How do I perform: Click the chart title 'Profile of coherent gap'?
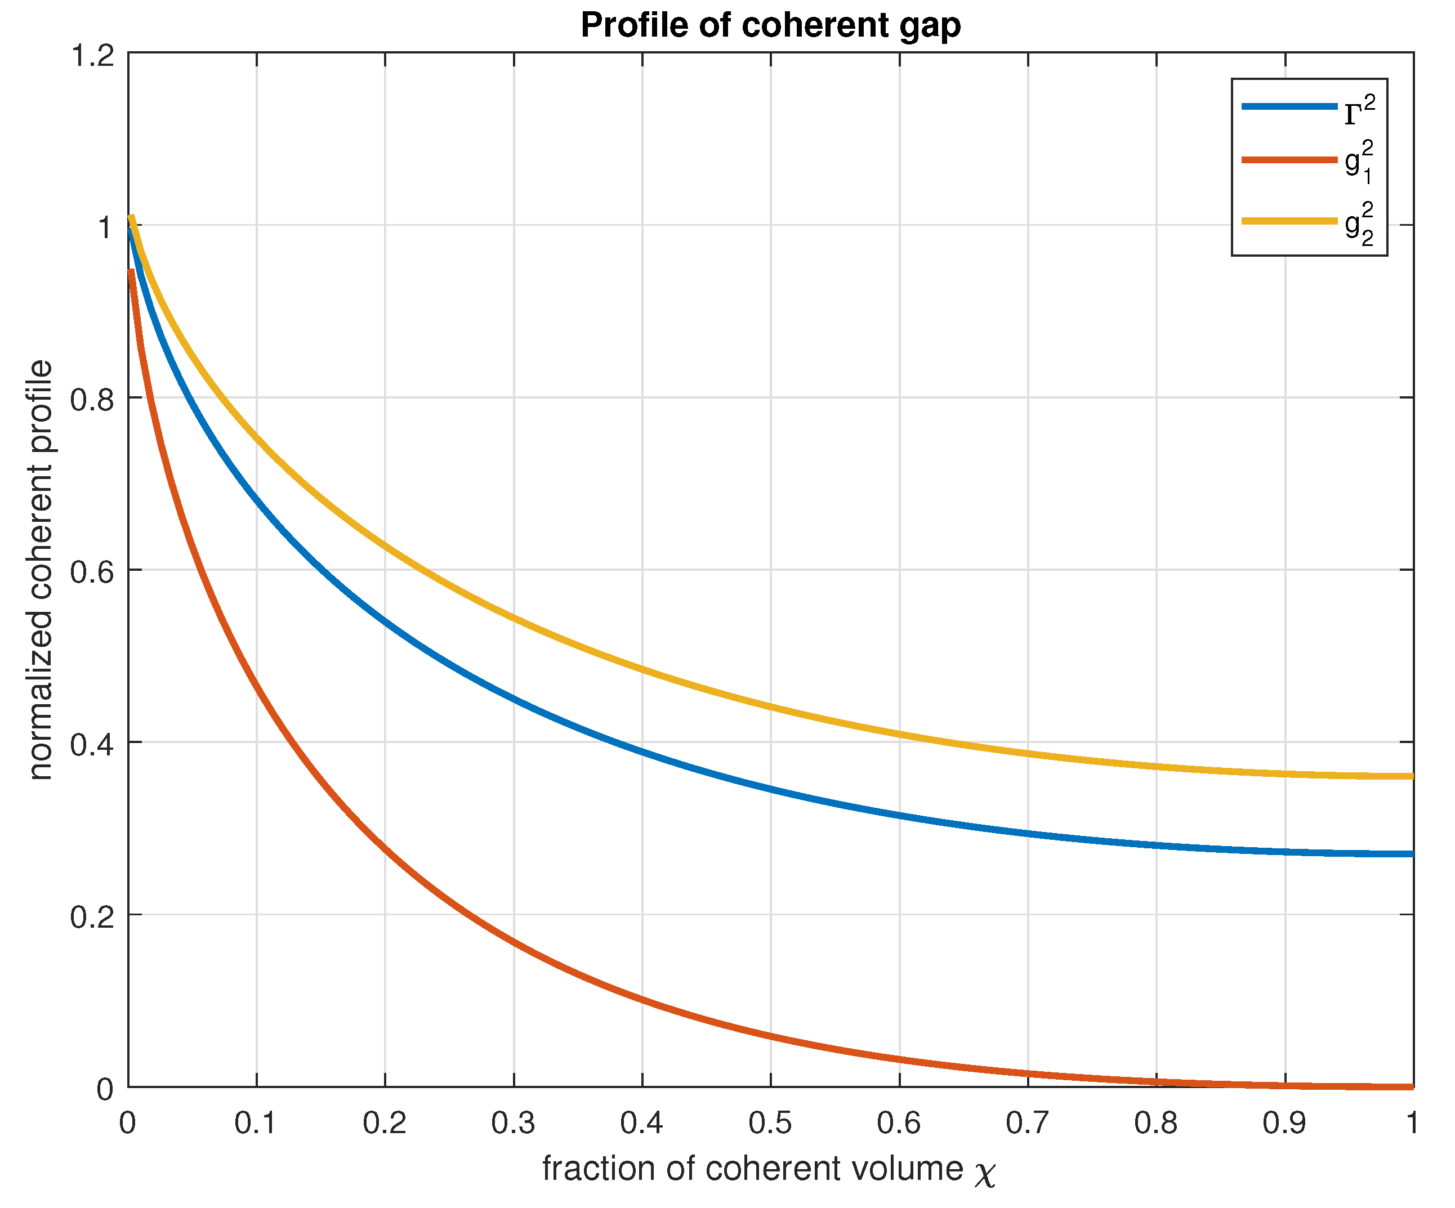pos(770,26)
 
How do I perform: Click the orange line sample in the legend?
pos(1289,160)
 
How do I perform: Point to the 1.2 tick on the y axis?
pos(92,54)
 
